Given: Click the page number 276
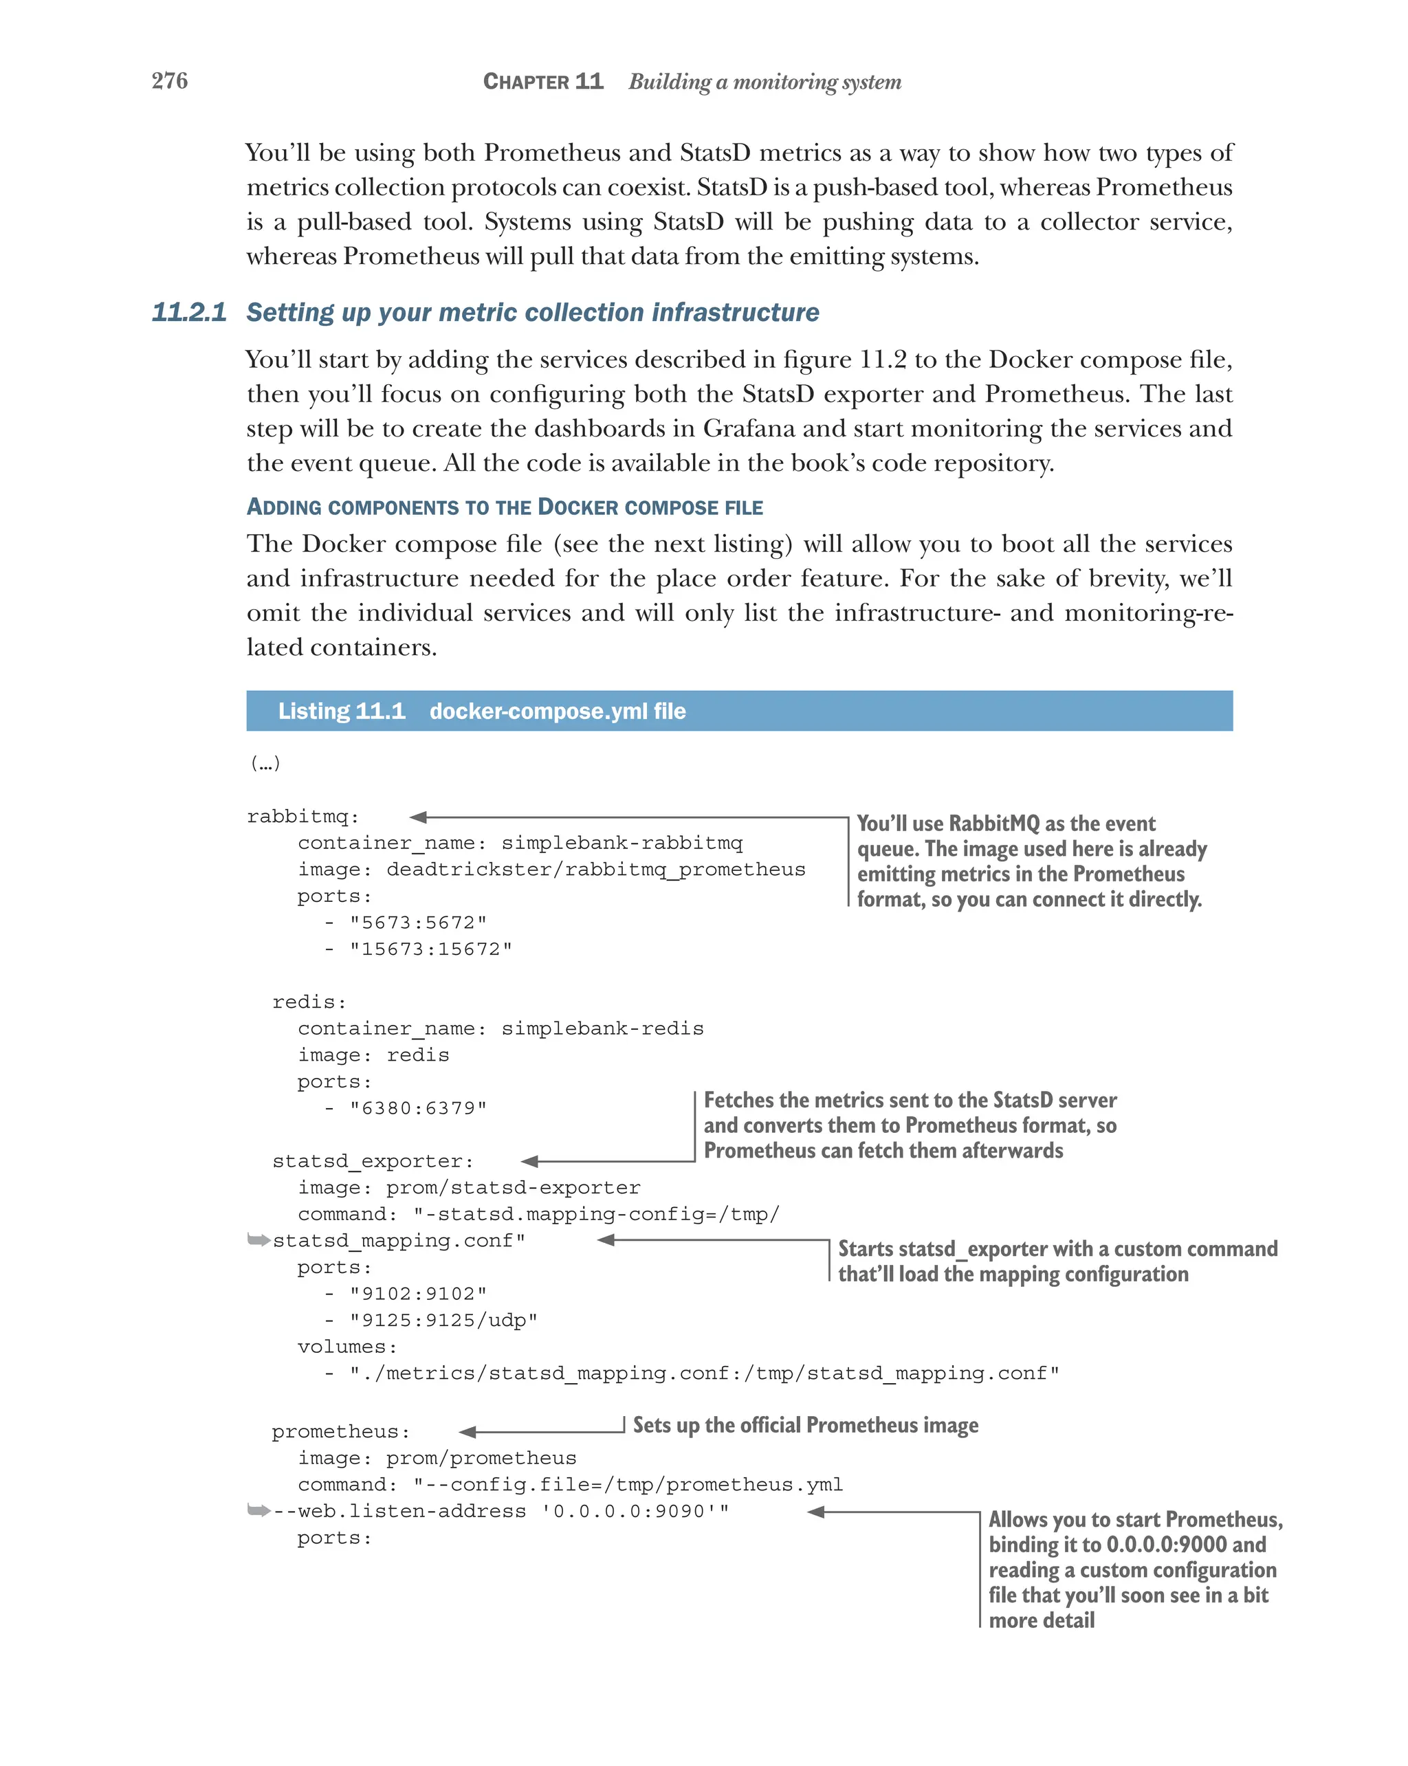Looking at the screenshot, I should click(170, 80).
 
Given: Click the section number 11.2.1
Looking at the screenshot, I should click(189, 312).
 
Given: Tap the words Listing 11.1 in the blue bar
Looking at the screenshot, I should click(342, 711).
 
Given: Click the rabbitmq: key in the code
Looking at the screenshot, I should click(303, 817).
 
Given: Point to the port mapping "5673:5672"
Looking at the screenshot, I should click(418, 923).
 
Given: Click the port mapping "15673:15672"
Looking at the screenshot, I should click(431, 949).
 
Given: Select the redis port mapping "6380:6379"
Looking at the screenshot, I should click(418, 1108).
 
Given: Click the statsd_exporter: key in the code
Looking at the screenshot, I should click(373, 1162).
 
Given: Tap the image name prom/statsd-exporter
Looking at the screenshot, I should click(513, 1188).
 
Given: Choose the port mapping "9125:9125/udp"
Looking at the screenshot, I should click(443, 1321).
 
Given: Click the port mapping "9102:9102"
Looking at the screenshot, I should click(418, 1294).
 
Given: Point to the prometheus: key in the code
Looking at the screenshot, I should click(341, 1432).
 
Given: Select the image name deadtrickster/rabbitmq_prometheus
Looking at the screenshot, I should click(595, 869).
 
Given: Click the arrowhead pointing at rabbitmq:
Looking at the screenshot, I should click(419, 817).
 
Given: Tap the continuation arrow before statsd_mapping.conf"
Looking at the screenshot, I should click(258, 1240).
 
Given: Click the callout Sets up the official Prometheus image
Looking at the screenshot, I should click(805, 1425).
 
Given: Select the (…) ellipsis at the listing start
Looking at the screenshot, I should click(265, 764).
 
